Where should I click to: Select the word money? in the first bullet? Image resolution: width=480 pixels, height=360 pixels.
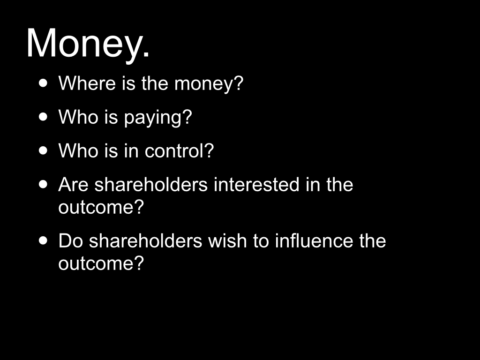pyautogui.click(x=209, y=84)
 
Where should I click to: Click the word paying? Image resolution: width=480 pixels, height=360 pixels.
pyautogui.click(x=158, y=118)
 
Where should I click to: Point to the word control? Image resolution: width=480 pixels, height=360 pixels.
pyautogui.click(x=179, y=150)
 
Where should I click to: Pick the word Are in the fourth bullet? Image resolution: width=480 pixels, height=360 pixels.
pyautogui.click(x=73, y=185)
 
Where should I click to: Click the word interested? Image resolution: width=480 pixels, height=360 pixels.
pyautogui.click(x=256, y=184)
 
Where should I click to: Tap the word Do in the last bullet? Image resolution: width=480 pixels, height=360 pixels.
pyautogui.click(x=70, y=240)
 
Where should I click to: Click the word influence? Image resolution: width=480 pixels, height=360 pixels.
pyautogui.click(x=314, y=240)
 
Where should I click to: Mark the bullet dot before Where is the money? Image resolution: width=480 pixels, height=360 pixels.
pyautogui.click(x=44, y=83)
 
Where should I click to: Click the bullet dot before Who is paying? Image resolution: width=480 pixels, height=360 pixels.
pyautogui.click(x=44, y=117)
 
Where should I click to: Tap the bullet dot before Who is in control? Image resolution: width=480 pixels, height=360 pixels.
pyautogui.click(x=44, y=150)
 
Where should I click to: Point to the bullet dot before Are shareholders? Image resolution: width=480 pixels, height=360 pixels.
pyautogui.click(x=44, y=184)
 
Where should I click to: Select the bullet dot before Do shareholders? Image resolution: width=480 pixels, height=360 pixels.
pyautogui.click(x=44, y=240)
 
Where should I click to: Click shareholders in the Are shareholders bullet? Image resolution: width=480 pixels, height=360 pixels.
pyautogui.click(x=151, y=184)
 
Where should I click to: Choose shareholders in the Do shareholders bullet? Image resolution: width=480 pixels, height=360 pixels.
pyautogui.click(x=145, y=240)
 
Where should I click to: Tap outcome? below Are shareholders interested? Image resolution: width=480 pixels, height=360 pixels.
pyautogui.click(x=101, y=207)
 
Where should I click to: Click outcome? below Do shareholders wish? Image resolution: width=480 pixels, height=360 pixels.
pyautogui.click(x=101, y=263)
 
